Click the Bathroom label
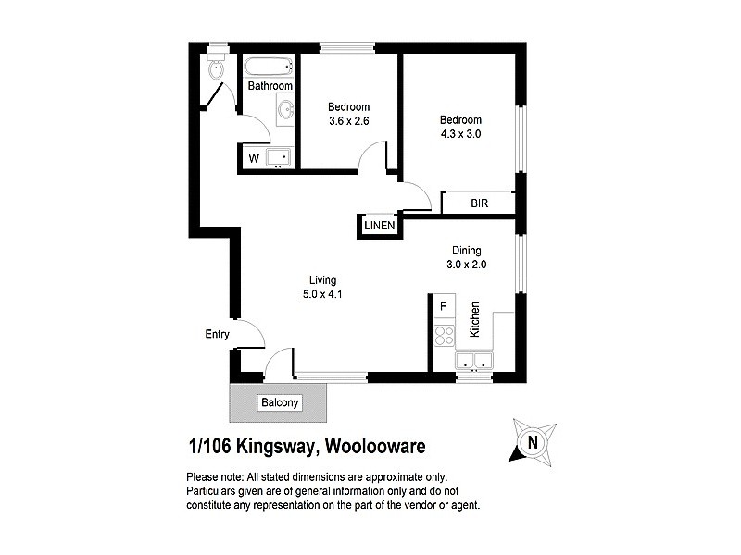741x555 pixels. click(x=270, y=86)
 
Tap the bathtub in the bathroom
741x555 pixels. click(x=269, y=66)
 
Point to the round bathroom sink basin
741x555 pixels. click(x=284, y=111)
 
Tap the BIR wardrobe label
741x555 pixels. click(x=479, y=203)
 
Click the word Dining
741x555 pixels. click(x=467, y=250)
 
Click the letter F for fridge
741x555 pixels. click(x=443, y=305)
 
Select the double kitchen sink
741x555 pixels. click(x=475, y=360)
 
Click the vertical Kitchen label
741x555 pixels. click(x=474, y=320)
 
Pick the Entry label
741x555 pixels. click(x=217, y=335)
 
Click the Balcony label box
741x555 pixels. click(x=279, y=402)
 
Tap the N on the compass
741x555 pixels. click(x=533, y=442)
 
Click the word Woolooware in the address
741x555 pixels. click(x=374, y=446)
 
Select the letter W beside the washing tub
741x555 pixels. click(x=253, y=158)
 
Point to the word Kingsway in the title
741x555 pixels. click(x=275, y=446)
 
